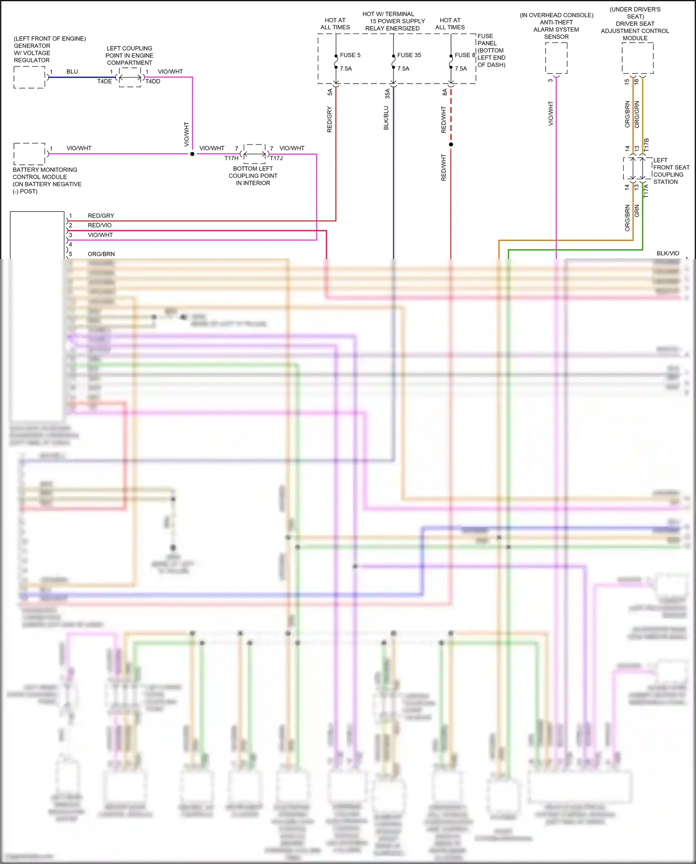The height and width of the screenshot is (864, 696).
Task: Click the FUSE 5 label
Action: pos(350,55)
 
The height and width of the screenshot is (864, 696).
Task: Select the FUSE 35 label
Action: pos(409,55)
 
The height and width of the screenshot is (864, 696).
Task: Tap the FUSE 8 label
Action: pos(464,55)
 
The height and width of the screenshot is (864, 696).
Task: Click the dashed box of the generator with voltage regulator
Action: pos(29,77)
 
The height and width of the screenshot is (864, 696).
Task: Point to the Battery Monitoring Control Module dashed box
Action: pos(29,154)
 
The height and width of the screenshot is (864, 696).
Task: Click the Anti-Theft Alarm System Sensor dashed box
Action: pos(556,58)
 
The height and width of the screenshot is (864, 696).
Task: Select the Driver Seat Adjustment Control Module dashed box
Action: pos(638,58)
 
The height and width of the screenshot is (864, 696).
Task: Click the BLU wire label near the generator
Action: pos(72,71)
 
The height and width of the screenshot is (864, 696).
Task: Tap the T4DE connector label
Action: pos(104,81)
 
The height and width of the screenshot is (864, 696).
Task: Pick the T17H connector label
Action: pos(231,158)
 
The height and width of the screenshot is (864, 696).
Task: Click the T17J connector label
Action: pos(277,158)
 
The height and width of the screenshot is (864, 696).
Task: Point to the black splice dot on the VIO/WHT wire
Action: pos(192,154)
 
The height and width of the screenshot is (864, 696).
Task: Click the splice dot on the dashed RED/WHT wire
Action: pos(451,144)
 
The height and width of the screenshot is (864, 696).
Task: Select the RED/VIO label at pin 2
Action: pos(99,225)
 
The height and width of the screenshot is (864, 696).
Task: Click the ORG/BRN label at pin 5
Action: pos(101,254)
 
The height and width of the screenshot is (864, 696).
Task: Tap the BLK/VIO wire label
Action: pos(667,253)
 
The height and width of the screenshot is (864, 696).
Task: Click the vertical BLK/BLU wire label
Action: pos(386,118)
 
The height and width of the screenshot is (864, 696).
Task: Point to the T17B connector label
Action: pos(646,144)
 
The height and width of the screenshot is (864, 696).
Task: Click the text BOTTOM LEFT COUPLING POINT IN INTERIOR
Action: pos(253,176)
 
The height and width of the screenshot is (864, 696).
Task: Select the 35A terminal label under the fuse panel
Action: pos(387,94)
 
